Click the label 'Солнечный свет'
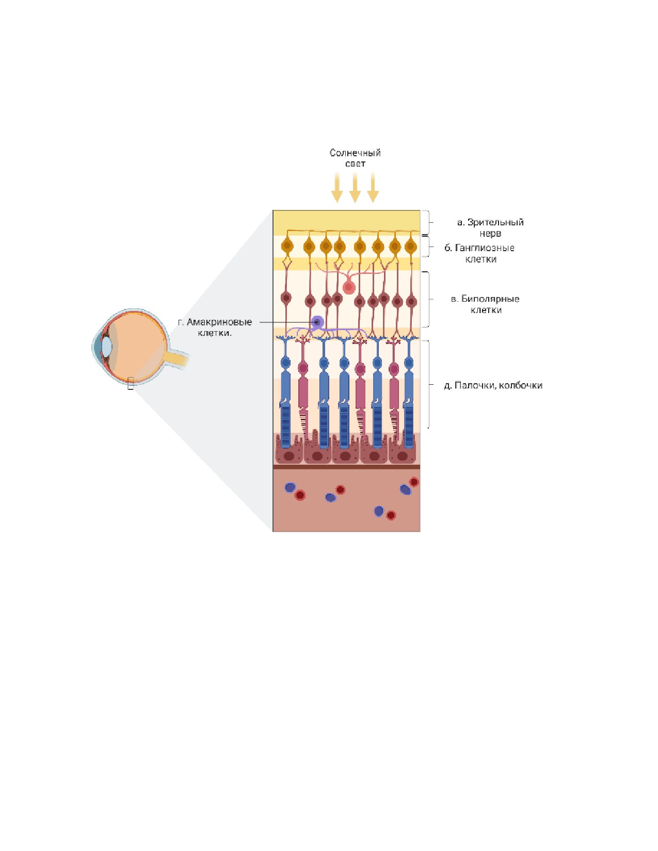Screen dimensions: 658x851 point(355,158)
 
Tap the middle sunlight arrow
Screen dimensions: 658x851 point(355,188)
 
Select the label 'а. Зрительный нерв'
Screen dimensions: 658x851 point(490,227)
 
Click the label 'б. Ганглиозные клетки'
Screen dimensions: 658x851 point(479,253)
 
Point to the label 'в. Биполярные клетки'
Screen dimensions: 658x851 point(485,304)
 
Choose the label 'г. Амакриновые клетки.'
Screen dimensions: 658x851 point(215,328)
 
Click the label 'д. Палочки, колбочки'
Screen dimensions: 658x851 point(493,385)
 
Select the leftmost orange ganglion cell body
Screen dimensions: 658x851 point(287,246)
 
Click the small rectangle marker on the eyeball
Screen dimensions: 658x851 point(131,383)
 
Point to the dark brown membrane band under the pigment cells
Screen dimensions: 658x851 point(346,467)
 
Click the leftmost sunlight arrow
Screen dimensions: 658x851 point(337,188)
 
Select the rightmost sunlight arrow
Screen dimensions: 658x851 point(373,188)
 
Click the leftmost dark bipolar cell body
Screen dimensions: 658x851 point(286,299)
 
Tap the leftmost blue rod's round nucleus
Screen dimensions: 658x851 point(286,363)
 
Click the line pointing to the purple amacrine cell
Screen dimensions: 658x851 point(285,323)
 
